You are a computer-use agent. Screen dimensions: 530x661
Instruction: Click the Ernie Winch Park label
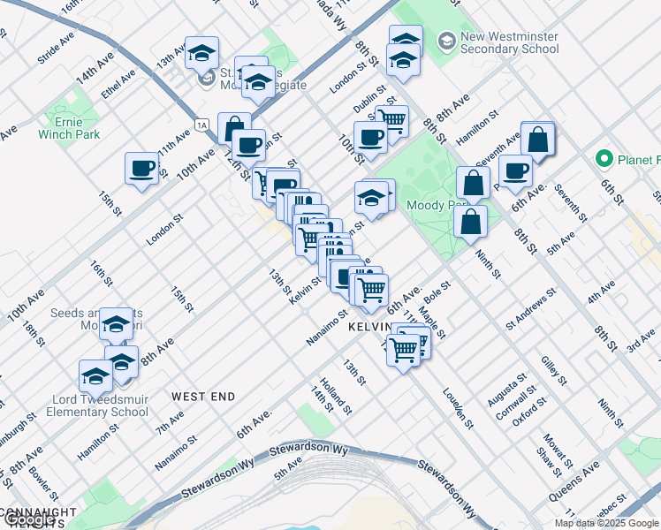pyautogui.click(x=69, y=127)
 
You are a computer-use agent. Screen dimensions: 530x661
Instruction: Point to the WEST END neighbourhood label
pyautogui.click(x=203, y=397)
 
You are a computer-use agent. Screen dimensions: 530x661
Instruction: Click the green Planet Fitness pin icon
pyautogui.click(x=604, y=159)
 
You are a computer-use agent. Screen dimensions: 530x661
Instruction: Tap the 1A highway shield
pyautogui.click(x=202, y=125)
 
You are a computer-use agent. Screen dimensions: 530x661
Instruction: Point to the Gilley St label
pyautogui.click(x=554, y=369)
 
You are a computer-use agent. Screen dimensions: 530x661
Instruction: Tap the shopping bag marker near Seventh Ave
pyautogui.click(x=537, y=139)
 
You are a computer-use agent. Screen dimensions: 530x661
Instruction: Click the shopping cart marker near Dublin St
pyautogui.click(x=391, y=119)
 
